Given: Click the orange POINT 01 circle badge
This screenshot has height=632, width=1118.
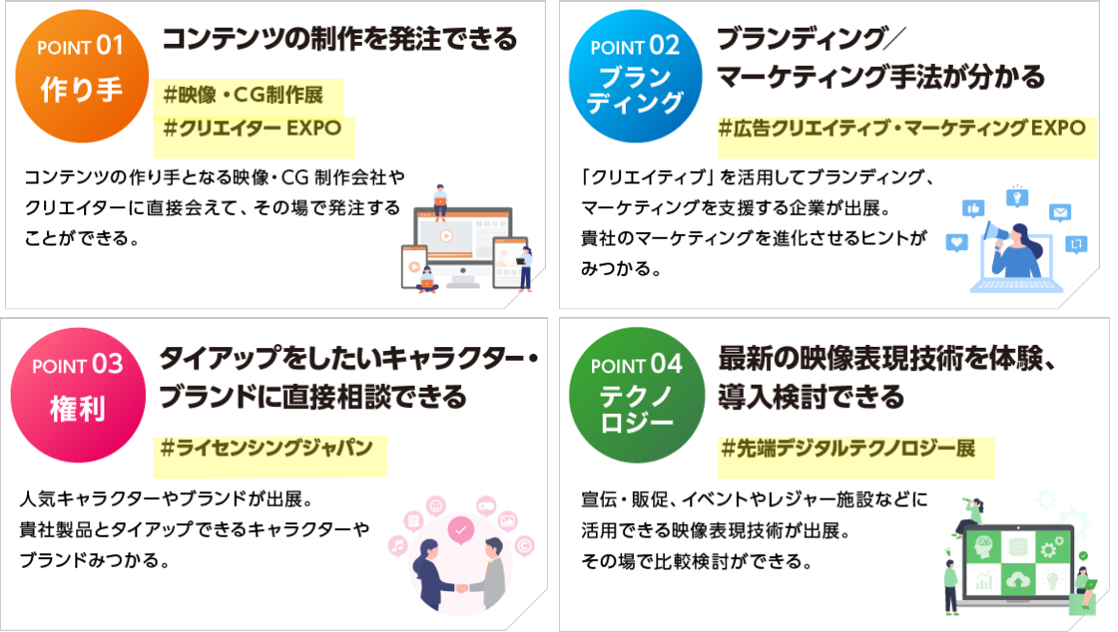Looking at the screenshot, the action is (x=82, y=76).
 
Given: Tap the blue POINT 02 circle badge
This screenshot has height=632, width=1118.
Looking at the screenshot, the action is (x=635, y=76).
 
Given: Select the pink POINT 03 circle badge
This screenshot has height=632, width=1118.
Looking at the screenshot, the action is (x=78, y=395).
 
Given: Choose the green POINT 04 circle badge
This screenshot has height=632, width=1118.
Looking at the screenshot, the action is (x=636, y=395).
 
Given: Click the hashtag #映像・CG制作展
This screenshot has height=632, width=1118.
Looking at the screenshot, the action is (x=244, y=95).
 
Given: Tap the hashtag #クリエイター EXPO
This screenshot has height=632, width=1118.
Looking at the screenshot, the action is (x=252, y=128).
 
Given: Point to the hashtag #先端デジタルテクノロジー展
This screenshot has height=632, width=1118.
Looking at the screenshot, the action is (x=848, y=449).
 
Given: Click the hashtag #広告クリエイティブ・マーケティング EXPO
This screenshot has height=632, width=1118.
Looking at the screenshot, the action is (x=902, y=128).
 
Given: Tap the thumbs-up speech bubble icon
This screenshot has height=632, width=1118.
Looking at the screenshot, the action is (x=973, y=209).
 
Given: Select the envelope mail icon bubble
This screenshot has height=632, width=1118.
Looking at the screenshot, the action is (x=1060, y=212).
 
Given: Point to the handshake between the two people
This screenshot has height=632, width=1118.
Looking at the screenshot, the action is (x=462, y=588).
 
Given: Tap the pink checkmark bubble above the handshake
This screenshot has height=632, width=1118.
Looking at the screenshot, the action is (x=461, y=530).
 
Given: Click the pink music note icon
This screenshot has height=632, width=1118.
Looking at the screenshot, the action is (x=398, y=545).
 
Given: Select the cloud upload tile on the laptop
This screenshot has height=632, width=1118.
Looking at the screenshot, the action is (x=1018, y=580).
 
